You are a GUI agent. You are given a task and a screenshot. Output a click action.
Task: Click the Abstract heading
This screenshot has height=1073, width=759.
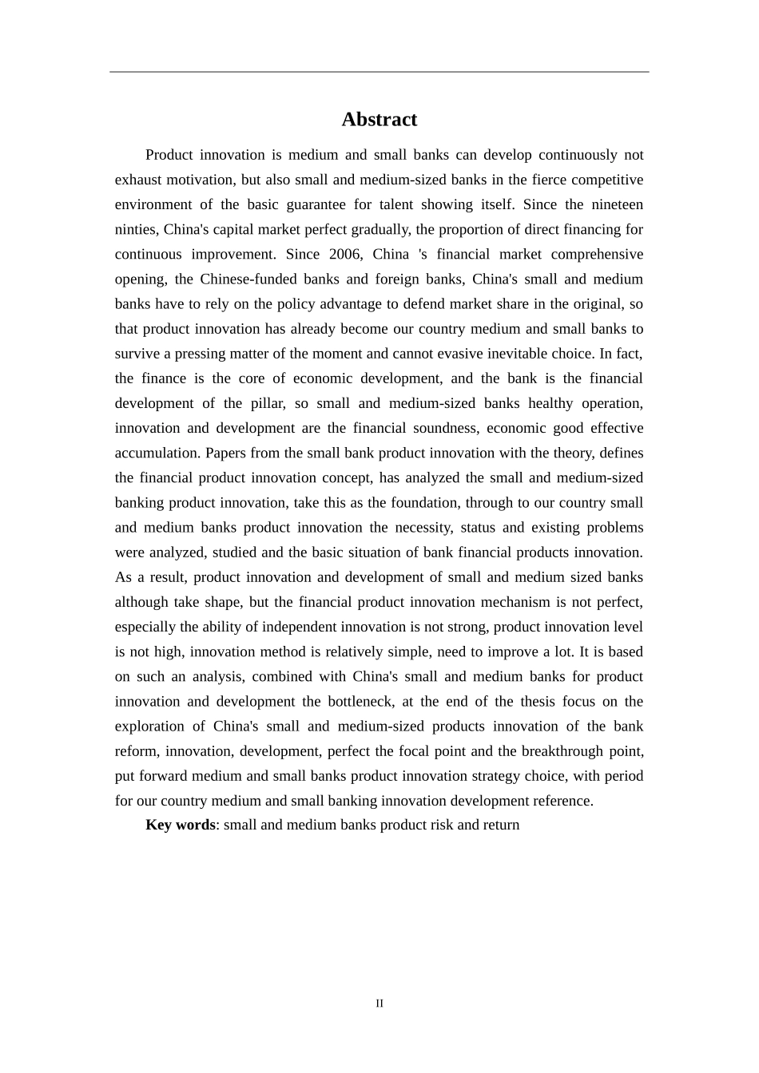click(x=379, y=120)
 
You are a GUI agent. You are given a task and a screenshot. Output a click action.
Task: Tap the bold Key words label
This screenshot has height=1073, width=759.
click(x=180, y=825)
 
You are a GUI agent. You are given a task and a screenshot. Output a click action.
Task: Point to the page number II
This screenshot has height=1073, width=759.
click(x=379, y=1004)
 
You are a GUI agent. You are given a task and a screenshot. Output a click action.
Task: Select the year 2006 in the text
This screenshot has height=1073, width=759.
click(x=347, y=254)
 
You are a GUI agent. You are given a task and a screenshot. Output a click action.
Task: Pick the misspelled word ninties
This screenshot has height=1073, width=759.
click(x=135, y=229)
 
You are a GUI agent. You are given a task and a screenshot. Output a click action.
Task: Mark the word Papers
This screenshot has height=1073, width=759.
click(x=226, y=453)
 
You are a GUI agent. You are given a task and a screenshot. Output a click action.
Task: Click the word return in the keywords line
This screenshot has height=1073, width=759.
click(x=501, y=825)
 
